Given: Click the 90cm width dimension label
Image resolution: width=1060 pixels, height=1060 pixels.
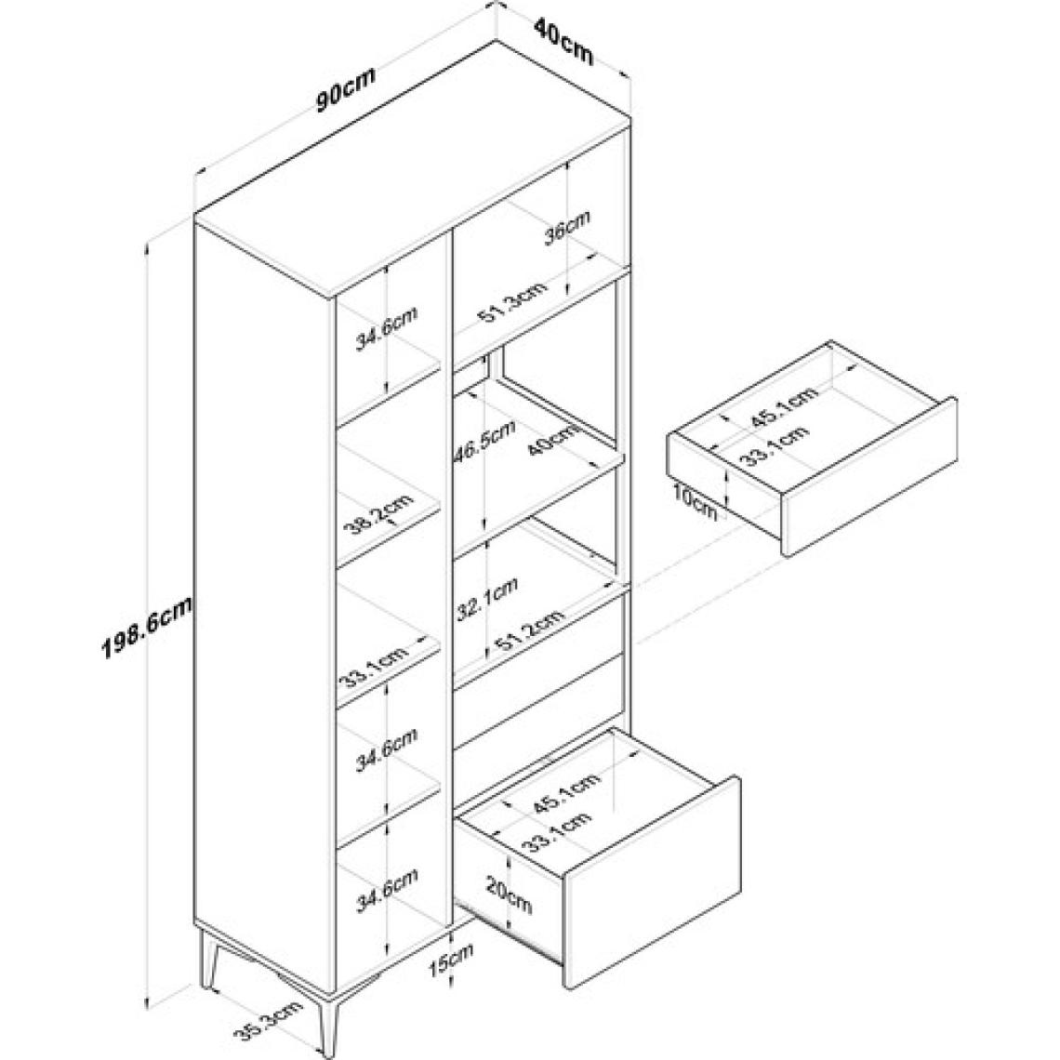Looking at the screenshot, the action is click(x=346, y=89).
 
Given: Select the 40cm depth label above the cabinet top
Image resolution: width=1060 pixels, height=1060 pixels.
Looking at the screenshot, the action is click(x=563, y=41).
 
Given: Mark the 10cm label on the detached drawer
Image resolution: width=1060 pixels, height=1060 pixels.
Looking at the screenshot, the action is click(x=694, y=503).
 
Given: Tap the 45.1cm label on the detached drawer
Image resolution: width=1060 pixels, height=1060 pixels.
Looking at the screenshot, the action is click(x=784, y=407).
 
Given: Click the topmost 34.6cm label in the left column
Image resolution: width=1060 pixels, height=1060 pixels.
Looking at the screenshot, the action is click(x=388, y=328).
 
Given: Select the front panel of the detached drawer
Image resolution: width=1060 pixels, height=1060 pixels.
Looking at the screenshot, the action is click(x=869, y=479).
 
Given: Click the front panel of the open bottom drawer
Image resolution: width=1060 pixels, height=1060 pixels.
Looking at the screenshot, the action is click(x=652, y=881).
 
